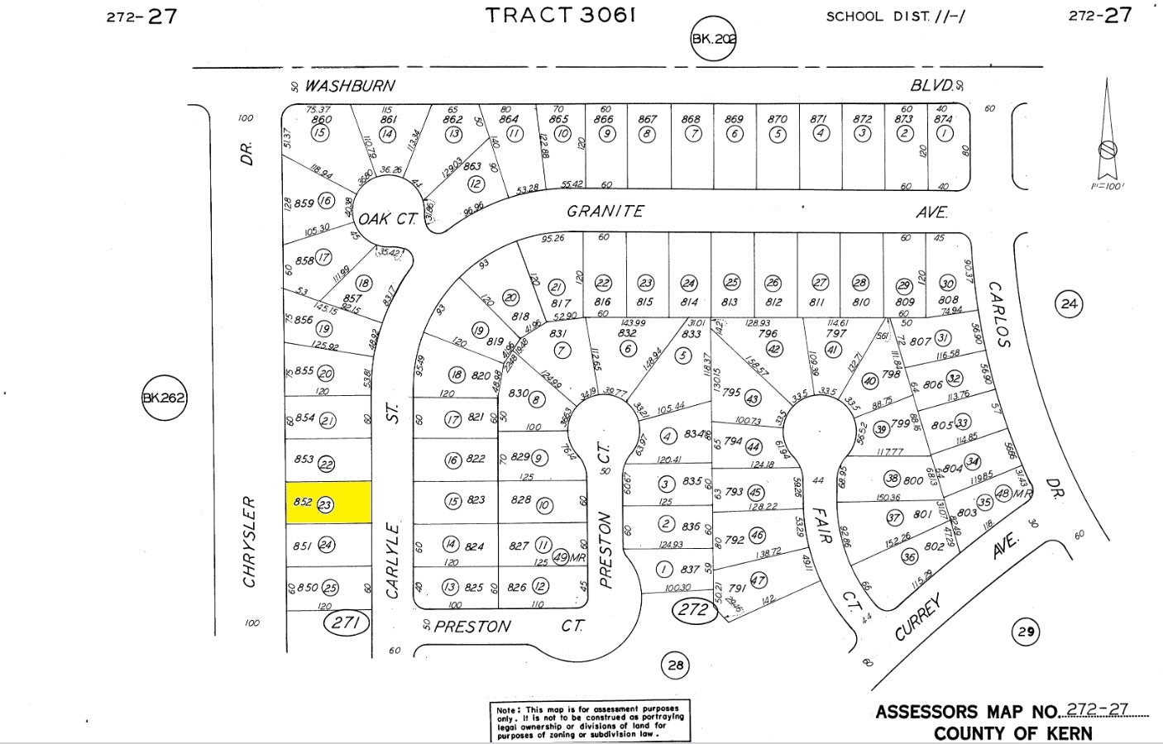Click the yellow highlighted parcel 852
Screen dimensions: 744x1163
coord(328,503)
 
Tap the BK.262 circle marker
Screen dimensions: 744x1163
coord(165,398)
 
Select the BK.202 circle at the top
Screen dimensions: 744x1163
coord(713,38)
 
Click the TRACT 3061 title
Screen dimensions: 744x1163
coord(561,16)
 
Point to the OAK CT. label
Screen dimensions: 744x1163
coord(386,219)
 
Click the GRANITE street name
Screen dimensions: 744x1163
coord(605,212)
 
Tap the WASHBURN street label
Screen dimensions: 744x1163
coord(350,86)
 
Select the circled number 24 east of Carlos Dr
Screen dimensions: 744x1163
coord(1069,304)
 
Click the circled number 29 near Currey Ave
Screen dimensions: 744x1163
coord(1026,632)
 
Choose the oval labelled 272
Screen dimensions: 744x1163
coord(693,610)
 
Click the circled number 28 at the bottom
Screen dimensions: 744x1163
coord(676,665)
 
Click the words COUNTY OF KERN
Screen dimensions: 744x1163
coord(1012,733)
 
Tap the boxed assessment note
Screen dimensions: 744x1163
coord(591,721)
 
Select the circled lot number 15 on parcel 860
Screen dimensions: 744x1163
coord(319,133)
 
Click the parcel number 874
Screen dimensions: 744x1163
coord(942,119)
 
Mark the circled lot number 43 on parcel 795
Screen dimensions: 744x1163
coord(753,398)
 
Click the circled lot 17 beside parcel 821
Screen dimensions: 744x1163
coord(452,419)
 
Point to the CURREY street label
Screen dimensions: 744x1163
coord(918,619)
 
